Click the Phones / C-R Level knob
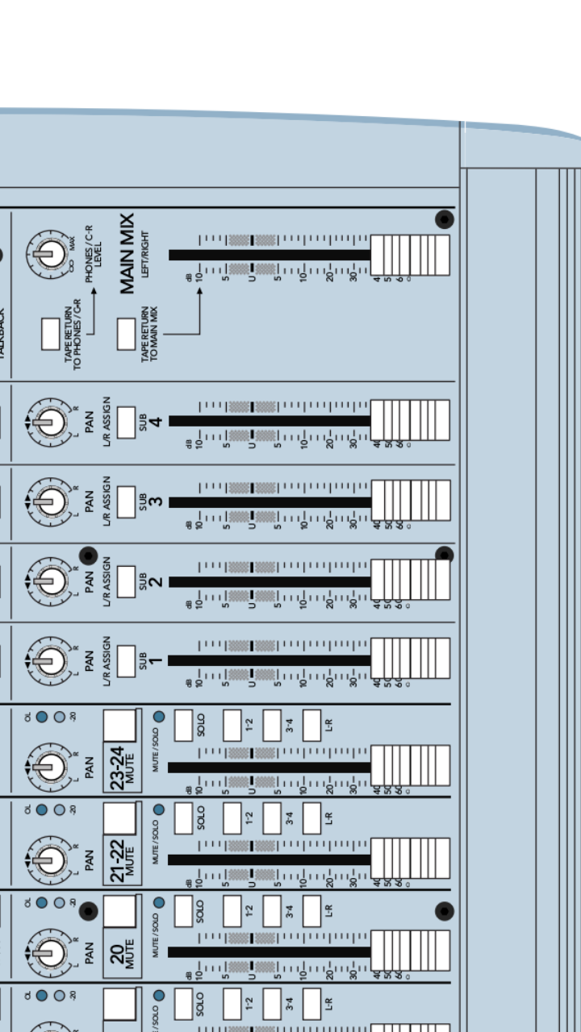click(x=49, y=254)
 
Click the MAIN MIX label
click(x=127, y=254)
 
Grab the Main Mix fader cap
click(x=409, y=255)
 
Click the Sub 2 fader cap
click(x=409, y=580)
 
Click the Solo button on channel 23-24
click(x=183, y=724)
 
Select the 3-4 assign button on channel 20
click(x=272, y=910)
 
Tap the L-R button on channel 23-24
click(x=311, y=724)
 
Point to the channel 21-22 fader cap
click(x=409, y=858)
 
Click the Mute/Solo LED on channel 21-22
click(x=159, y=809)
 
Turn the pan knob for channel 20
click(x=49, y=952)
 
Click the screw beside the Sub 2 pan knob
click(x=88, y=556)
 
